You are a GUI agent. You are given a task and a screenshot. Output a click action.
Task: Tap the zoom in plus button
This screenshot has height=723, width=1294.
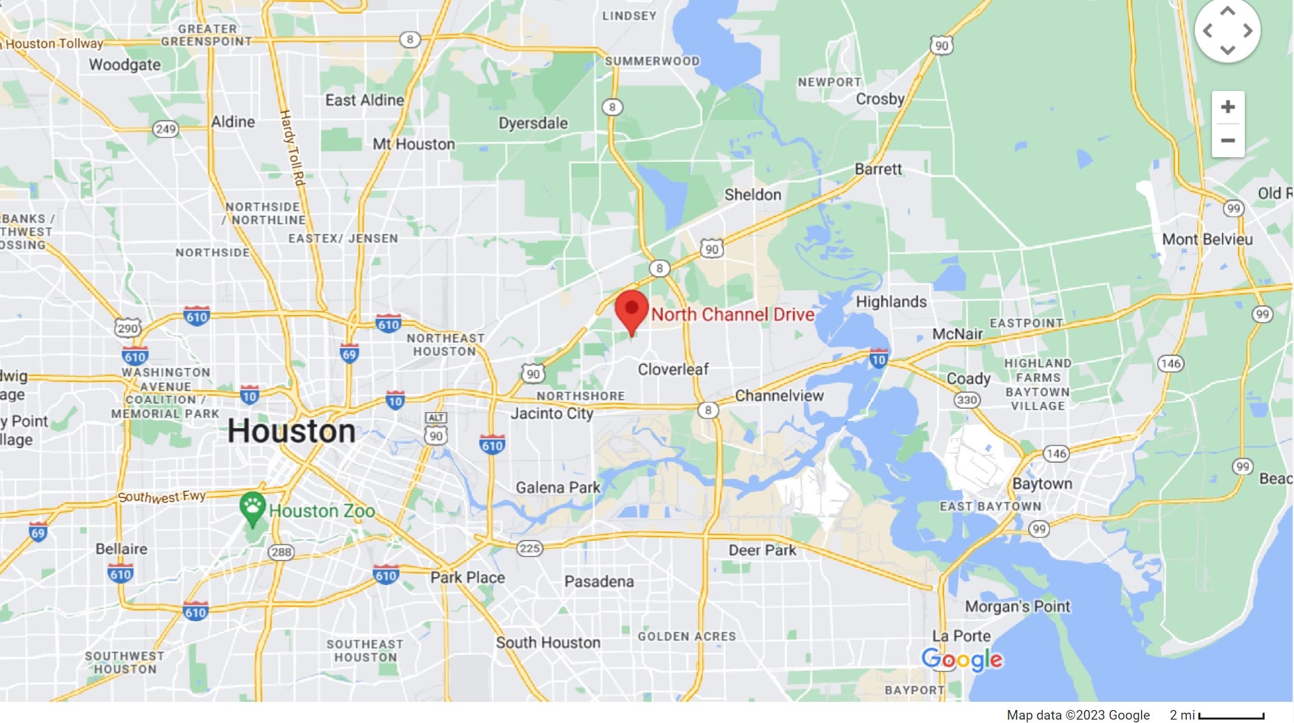click(1228, 107)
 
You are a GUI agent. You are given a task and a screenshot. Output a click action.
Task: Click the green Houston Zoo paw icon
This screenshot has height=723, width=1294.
click(252, 507)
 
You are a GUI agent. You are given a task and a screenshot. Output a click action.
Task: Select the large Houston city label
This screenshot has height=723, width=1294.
click(291, 431)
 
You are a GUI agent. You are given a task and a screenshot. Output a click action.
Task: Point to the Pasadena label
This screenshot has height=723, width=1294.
click(598, 582)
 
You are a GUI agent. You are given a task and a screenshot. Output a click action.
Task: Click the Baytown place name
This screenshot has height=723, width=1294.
click(1042, 484)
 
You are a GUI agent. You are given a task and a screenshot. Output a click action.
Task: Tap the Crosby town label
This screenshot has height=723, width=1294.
click(880, 99)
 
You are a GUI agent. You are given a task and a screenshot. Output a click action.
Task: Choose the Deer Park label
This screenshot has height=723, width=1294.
click(762, 550)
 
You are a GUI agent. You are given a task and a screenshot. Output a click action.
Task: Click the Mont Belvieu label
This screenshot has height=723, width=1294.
click(1207, 239)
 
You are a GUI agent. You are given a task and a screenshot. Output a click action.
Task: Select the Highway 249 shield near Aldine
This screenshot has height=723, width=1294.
click(165, 129)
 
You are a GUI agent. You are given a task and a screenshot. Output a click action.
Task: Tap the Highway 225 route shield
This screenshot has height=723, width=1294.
click(529, 548)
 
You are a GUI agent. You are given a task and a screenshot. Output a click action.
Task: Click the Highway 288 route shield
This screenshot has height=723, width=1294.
click(281, 551)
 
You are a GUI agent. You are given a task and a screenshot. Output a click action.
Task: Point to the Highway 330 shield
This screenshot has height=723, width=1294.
click(966, 400)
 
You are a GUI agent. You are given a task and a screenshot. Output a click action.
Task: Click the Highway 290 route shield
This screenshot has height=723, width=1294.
click(127, 328)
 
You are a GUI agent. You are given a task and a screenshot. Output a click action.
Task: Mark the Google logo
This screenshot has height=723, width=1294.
click(961, 659)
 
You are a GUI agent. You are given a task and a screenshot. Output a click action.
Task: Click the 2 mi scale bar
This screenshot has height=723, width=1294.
click(1230, 716)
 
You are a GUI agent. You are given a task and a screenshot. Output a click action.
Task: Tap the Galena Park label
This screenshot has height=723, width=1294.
click(557, 487)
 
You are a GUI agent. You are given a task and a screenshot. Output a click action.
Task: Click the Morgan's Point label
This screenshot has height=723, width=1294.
click(1017, 606)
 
